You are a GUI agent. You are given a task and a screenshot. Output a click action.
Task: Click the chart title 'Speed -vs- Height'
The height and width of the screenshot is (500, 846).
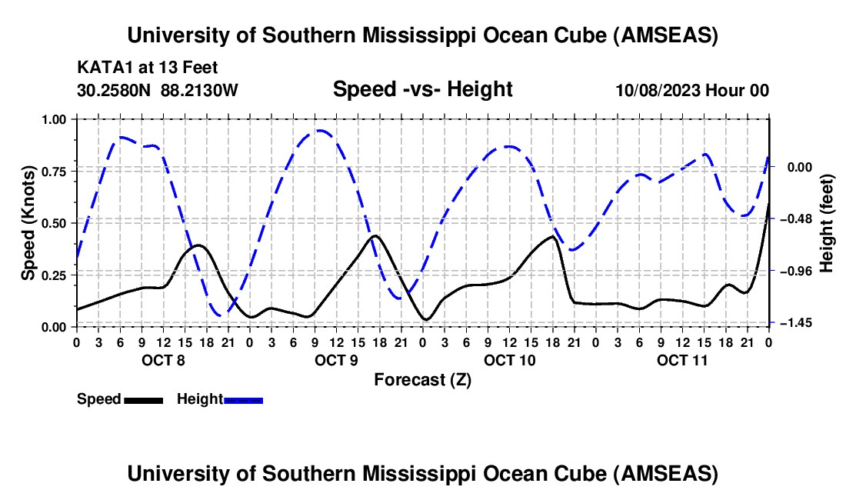pos(422,89)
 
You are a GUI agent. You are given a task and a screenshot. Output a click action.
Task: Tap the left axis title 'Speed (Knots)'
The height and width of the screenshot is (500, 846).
pos(28,223)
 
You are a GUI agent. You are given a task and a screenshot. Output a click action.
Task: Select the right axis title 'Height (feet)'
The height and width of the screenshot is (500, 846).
pos(827,223)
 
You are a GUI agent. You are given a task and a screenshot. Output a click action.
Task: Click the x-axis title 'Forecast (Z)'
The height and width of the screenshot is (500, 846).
pos(422,379)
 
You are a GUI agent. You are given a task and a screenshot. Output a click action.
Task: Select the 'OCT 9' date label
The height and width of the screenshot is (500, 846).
pos(336,360)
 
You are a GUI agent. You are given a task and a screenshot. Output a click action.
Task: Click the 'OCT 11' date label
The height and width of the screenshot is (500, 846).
pos(682,360)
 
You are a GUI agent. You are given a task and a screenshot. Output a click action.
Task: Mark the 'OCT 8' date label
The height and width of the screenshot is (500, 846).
pos(163,360)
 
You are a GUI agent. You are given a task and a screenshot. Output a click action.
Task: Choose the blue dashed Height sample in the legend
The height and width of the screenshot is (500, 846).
pos(243,399)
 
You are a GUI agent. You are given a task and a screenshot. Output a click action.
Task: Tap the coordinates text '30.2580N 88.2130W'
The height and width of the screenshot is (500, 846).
pos(158,90)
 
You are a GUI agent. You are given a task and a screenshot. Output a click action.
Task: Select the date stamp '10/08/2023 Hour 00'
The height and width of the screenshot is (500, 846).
pos(692,90)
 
